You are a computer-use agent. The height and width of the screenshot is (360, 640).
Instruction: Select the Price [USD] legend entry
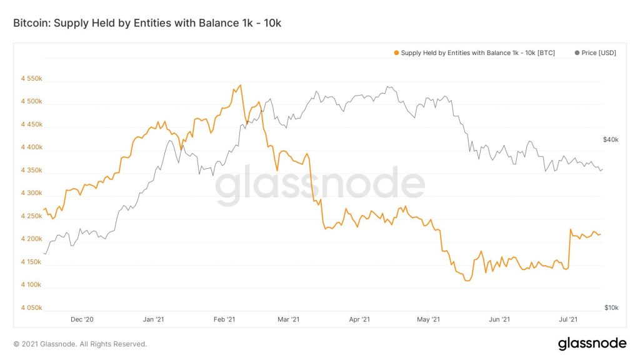point(595,53)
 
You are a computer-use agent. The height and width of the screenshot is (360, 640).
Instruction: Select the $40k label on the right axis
point(611,140)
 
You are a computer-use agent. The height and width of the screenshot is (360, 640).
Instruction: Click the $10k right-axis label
point(611,307)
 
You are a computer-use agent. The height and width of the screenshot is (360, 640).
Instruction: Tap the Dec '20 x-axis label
point(82,320)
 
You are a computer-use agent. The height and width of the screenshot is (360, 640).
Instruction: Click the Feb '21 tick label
point(223,320)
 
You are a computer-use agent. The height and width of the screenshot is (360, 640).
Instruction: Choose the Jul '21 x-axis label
point(567,320)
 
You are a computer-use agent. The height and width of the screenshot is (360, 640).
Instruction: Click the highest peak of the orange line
point(241,85)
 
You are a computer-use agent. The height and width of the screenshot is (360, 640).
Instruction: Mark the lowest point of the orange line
point(467,281)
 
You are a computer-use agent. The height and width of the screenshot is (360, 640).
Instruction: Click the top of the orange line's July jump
point(571,229)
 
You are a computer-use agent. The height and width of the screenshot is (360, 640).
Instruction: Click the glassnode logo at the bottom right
point(592,343)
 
